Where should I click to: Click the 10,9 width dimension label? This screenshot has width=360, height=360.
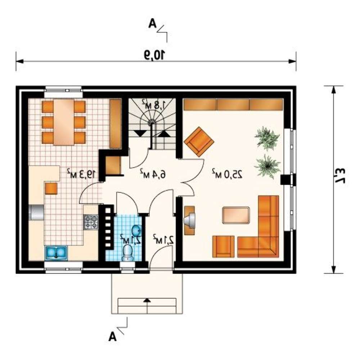tap(155, 55)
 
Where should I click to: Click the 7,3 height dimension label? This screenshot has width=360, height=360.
tap(339, 176)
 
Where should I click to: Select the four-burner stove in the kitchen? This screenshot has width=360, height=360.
tap(91, 222)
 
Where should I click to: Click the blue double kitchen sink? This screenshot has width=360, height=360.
tap(56, 253)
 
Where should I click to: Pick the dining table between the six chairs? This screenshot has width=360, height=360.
tap(64, 122)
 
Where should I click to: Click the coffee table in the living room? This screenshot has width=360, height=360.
tap(236, 215)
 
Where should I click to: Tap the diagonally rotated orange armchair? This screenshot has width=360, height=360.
tap(199, 141)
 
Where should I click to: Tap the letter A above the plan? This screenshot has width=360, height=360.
tap(152, 23)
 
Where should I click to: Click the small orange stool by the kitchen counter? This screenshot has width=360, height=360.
tap(51, 189)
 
